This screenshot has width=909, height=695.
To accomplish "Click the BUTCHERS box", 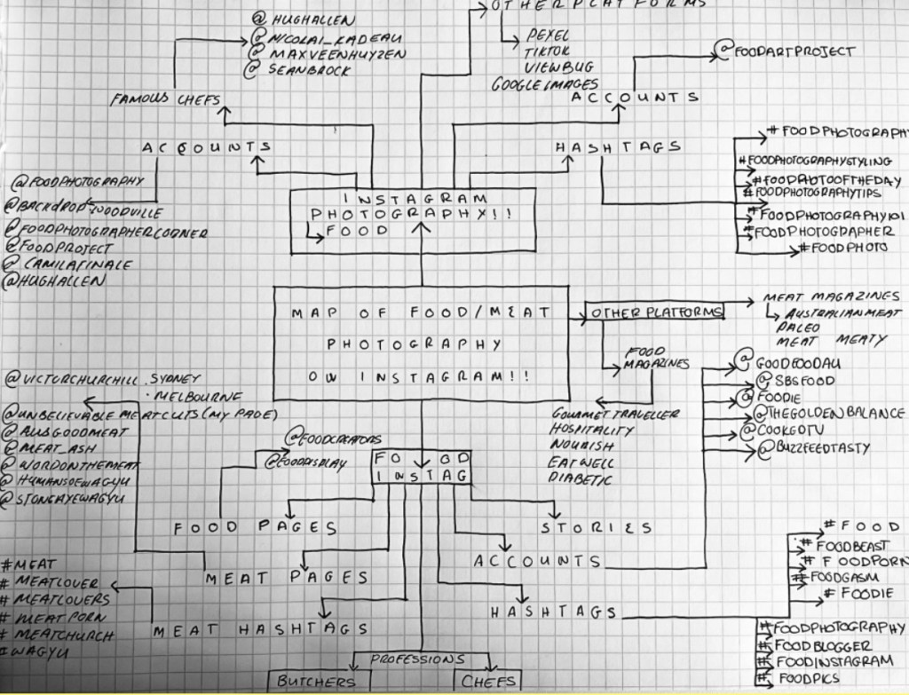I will (x=316, y=682).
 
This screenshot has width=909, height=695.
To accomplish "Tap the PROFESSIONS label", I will (x=418, y=659).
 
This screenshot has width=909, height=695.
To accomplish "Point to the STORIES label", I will (x=597, y=528).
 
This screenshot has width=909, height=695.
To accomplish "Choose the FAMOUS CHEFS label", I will (x=165, y=99).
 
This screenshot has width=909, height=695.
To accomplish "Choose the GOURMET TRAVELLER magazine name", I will (x=615, y=414).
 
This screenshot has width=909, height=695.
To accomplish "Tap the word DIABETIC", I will (x=581, y=480).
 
